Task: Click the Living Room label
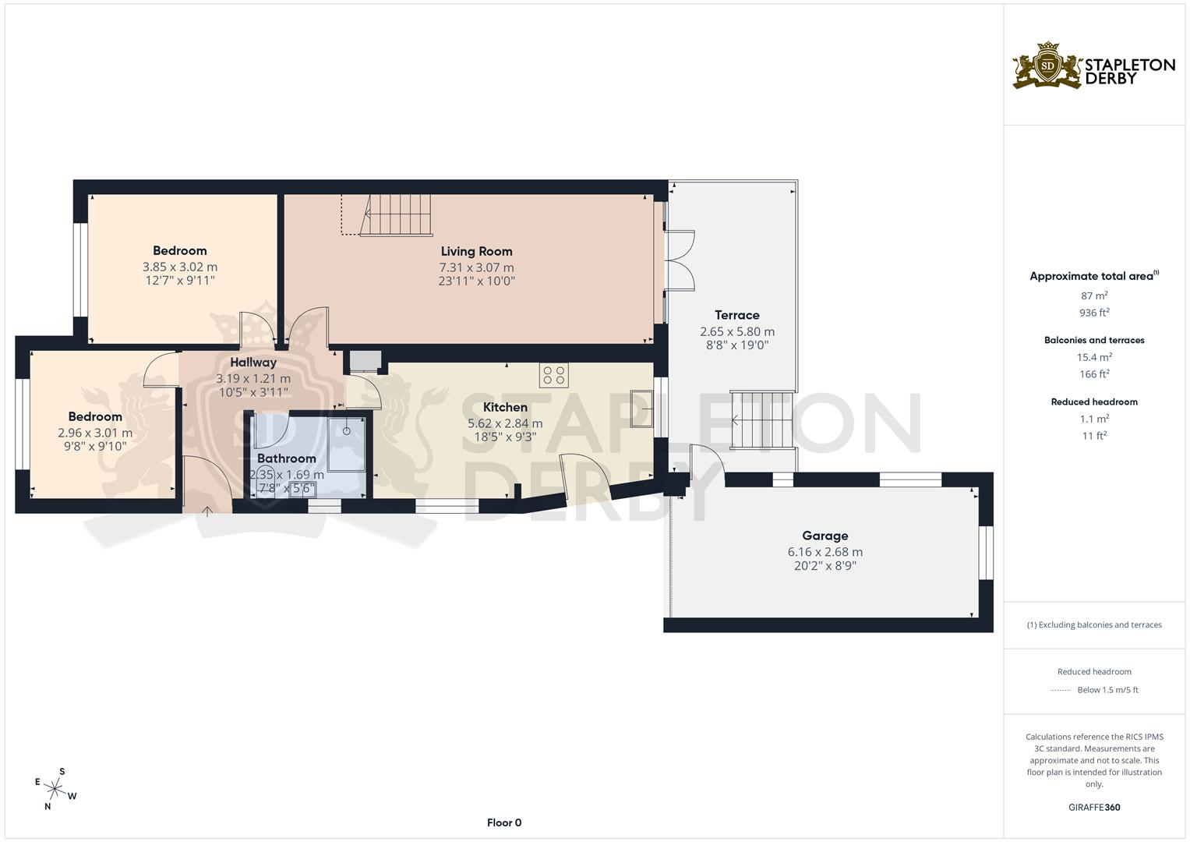click(476, 251)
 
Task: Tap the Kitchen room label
click(505, 407)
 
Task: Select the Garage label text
click(825, 536)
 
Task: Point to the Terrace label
click(736, 315)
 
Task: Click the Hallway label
click(252, 363)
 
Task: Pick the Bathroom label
click(286, 458)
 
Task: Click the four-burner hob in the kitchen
click(553, 375)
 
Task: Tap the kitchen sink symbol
click(642, 408)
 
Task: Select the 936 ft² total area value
click(1094, 313)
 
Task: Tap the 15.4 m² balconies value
click(1094, 357)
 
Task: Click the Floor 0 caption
click(503, 823)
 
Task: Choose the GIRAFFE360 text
click(1094, 807)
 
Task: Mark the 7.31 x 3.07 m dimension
click(476, 267)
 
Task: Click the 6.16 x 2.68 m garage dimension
click(825, 552)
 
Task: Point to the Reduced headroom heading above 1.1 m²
click(1094, 402)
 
